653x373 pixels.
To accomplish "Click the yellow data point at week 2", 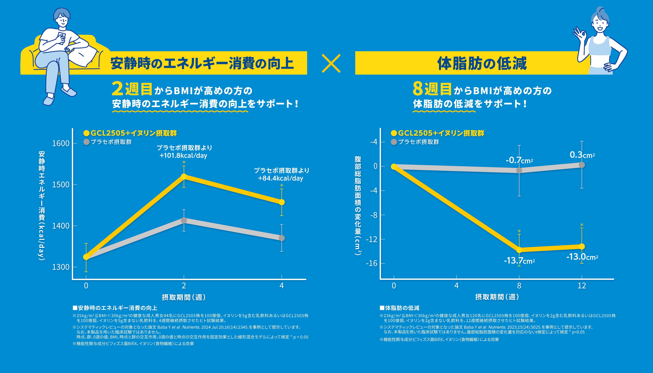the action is tap(184, 177).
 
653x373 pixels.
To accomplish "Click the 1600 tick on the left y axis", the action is tap(61, 143).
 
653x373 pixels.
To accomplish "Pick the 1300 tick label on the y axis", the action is tap(61, 267).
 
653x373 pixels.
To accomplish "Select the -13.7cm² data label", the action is tap(519, 261).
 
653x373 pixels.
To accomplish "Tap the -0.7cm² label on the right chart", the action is tap(519, 160).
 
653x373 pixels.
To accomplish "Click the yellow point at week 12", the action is tap(582, 246).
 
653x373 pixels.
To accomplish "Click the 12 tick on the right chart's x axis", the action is tap(582, 286).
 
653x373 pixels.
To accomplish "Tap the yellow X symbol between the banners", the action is tap(331, 63).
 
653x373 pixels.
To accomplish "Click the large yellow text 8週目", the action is tap(432, 89).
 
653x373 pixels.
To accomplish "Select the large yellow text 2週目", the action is tap(132, 89).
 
